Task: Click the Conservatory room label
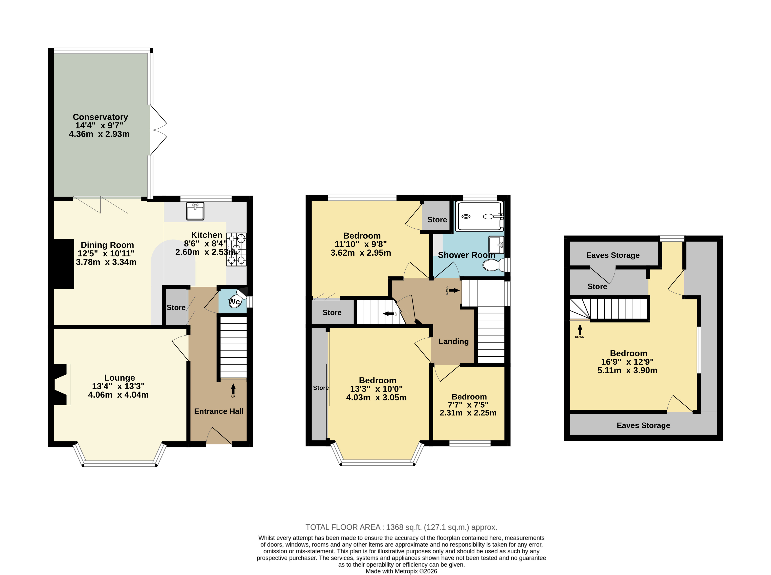[x=100, y=117]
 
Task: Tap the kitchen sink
[x=195, y=211]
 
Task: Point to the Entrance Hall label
[x=219, y=411]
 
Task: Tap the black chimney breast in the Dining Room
[x=64, y=264]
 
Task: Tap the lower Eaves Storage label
[x=643, y=425]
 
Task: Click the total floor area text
[x=401, y=527]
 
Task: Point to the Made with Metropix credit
[x=401, y=571]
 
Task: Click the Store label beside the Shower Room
[x=437, y=220]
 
